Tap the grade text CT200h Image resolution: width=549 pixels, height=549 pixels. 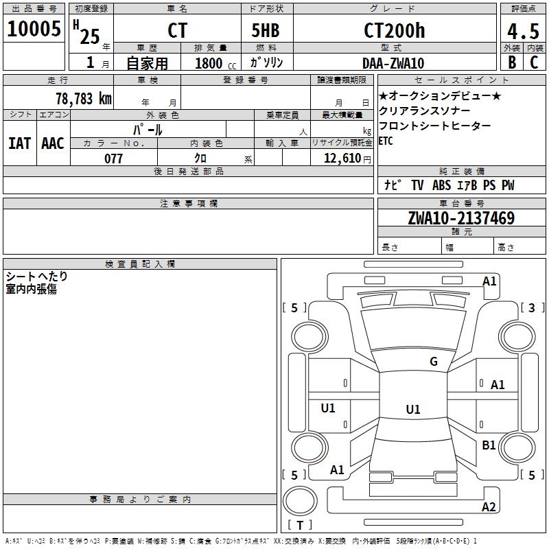click(394, 31)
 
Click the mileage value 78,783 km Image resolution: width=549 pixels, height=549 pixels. click(83, 98)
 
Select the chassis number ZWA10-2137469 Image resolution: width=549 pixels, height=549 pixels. click(460, 218)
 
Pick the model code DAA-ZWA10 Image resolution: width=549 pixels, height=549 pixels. click(393, 63)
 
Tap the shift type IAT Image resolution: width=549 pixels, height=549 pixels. click(19, 143)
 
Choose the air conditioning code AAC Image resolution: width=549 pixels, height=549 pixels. click(52, 143)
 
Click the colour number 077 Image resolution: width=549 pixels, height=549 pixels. click(113, 159)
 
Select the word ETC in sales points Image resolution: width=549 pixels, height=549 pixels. click(387, 141)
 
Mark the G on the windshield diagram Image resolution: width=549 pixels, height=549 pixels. click(433, 362)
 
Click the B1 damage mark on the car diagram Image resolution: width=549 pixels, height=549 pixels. click(489, 445)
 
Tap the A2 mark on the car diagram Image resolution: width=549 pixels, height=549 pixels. click(489, 507)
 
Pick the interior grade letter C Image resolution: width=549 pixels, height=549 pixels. click(534, 62)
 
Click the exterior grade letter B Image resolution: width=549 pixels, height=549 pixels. click(511, 62)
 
